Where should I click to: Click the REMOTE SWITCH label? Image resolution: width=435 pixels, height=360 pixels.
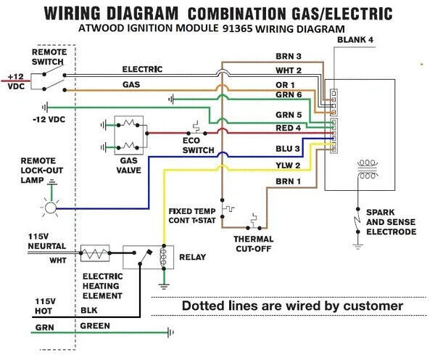point(49,57)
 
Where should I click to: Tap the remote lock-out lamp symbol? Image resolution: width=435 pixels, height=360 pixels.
point(51,208)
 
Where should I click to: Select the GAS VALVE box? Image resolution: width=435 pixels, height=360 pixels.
point(129,135)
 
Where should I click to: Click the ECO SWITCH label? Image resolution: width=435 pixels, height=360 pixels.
point(198,145)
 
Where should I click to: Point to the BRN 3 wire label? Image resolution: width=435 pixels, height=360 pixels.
point(289,57)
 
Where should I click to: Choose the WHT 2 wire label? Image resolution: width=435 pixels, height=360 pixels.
point(289,70)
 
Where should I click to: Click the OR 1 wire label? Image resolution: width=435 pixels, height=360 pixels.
point(285,85)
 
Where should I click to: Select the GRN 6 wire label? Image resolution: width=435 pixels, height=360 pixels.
point(289,95)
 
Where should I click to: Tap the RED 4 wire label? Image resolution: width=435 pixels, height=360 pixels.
point(289,128)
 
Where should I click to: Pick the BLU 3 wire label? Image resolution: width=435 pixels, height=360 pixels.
point(288,149)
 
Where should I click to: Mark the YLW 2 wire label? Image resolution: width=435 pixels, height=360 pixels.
point(288,165)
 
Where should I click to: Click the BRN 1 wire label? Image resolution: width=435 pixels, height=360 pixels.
point(288,181)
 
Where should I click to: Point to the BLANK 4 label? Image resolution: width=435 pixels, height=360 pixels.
point(355,40)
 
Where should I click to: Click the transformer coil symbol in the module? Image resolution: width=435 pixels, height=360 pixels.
point(368,169)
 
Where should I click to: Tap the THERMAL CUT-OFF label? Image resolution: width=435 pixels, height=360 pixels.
point(254,244)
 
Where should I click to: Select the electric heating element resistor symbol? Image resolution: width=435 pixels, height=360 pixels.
point(95,253)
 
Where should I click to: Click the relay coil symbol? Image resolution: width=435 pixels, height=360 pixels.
point(163,257)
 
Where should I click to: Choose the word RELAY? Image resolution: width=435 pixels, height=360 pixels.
point(192,257)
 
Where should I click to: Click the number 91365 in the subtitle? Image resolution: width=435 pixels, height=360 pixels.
point(237,28)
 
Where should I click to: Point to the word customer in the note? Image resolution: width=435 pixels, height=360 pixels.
point(373,306)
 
